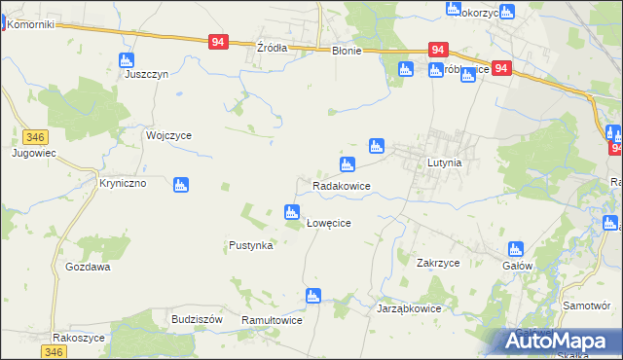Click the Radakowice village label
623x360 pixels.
340,185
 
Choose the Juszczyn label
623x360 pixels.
147,73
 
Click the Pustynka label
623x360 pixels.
250,245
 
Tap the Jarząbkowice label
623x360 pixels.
409,307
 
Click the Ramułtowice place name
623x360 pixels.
273,320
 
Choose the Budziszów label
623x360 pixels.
198,319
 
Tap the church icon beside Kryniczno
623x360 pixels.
180,185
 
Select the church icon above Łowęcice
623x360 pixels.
291,211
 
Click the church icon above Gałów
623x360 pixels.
516,249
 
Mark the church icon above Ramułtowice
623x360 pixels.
312,296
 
